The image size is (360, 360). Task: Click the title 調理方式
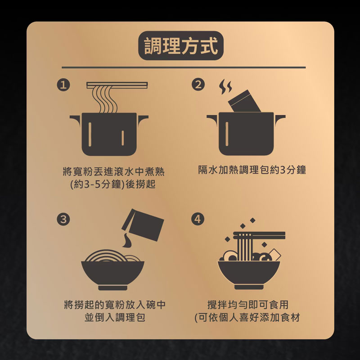181,46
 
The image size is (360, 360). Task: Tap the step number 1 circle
63,85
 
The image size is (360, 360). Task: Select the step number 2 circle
198,85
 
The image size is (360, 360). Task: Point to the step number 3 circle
63,219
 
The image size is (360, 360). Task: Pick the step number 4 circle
198,219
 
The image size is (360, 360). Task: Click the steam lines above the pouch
225,87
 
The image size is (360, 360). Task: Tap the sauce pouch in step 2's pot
245,101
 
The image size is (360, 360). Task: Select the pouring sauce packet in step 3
143,224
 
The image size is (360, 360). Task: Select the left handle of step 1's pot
76,119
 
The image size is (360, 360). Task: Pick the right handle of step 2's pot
280,119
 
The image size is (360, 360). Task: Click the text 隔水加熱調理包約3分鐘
252,170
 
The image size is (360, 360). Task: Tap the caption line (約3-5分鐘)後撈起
113,184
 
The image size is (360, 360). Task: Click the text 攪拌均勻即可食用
248,305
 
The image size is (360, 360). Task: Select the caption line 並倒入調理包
115,318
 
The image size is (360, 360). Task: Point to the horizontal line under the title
184,67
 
